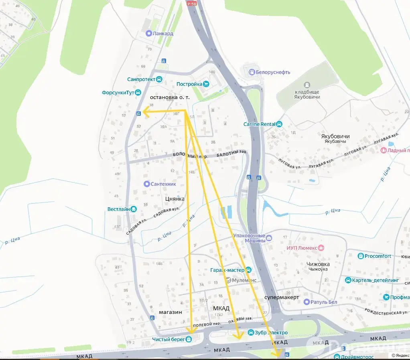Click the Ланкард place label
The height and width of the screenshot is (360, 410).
tap(163, 34)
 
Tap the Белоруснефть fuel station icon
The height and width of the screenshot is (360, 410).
tap(252, 72)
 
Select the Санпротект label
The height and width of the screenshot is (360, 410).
tap(141, 79)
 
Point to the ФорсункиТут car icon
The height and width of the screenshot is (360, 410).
tap(138, 93)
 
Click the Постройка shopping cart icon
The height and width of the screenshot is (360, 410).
tap(206, 84)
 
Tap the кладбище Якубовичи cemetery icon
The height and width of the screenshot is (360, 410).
tap(307, 85)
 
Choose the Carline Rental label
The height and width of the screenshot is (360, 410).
tap(259, 124)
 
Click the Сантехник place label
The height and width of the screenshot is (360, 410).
tap(163, 184)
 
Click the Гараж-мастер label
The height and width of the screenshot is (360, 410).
tap(227, 270)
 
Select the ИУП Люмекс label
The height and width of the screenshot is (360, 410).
tap(302, 248)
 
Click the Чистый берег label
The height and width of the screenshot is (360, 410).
tap(168, 339)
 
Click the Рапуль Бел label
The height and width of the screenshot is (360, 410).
tap(324, 302)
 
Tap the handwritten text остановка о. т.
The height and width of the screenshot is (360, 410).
tap(170, 97)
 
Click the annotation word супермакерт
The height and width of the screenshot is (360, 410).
tap(282, 297)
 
